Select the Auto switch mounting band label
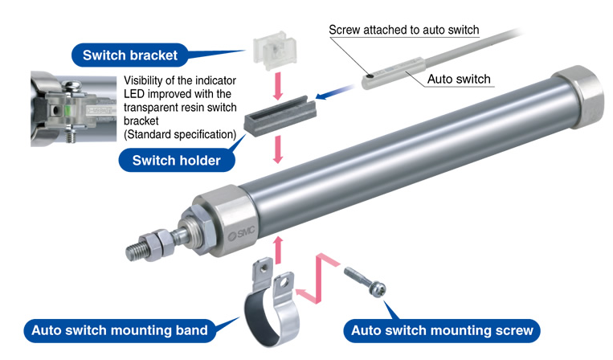(120, 329)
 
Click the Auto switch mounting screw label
(442, 329)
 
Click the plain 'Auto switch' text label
(458, 80)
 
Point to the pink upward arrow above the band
(278, 248)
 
